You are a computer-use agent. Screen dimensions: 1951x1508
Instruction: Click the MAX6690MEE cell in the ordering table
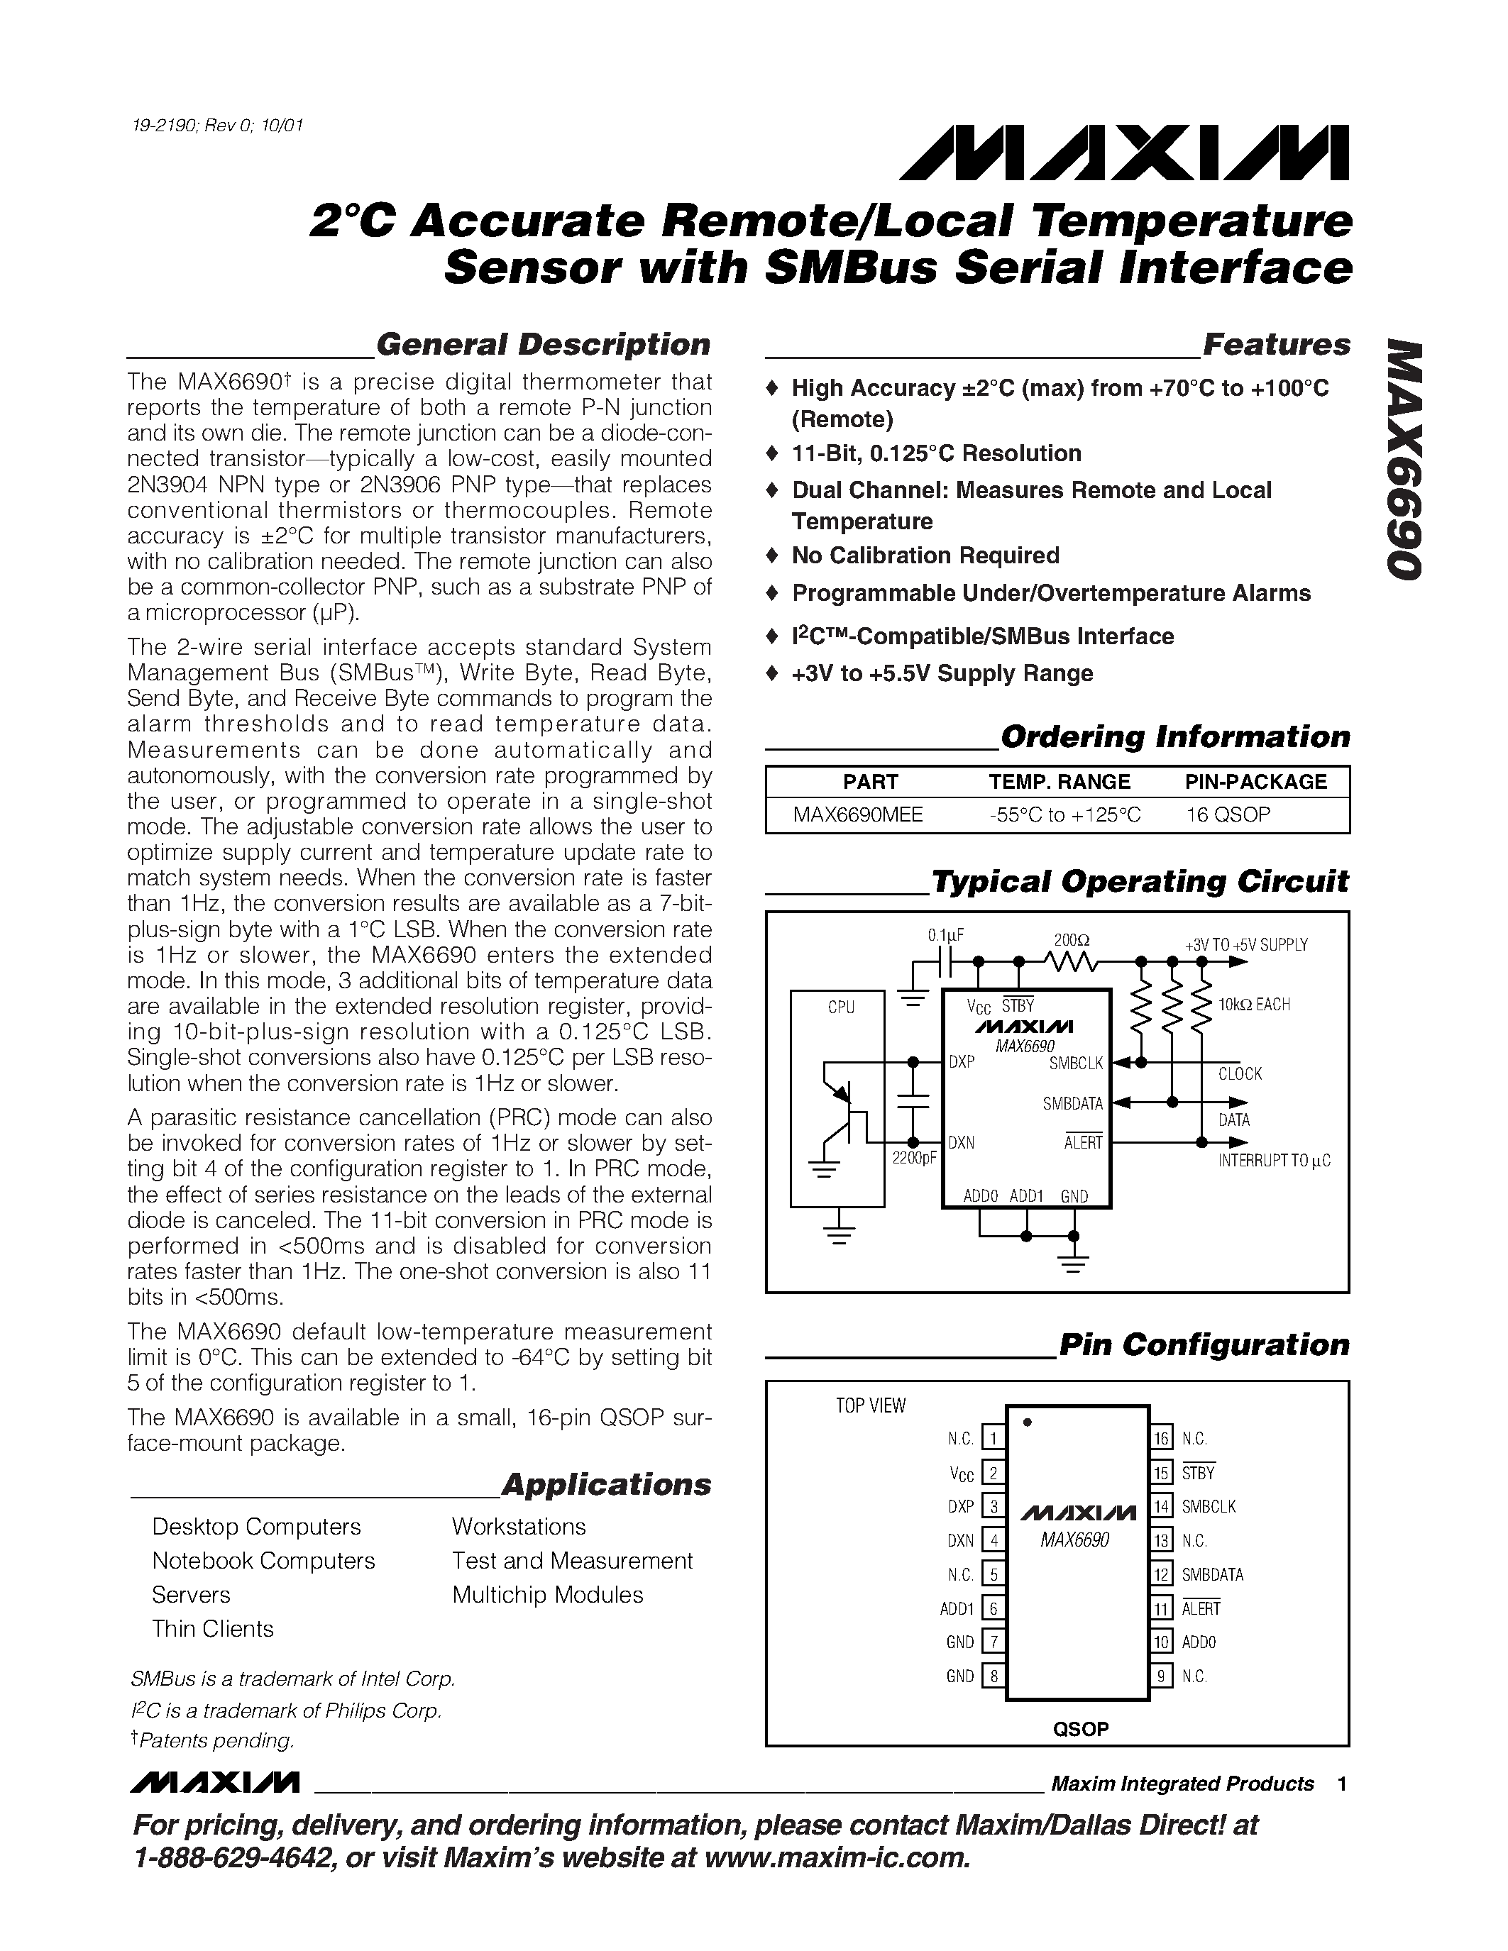point(858,814)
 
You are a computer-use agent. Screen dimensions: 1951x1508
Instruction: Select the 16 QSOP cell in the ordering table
point(1228,814)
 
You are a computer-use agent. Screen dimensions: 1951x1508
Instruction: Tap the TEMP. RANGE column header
point(1059,782)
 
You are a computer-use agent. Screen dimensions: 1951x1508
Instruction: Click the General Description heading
point(543,345)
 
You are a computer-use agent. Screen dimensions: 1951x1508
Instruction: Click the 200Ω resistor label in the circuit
point(1071,940)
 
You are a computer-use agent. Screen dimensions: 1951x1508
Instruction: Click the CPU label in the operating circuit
point(841,1007)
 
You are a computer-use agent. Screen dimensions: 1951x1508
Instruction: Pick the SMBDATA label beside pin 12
point(1212,1574)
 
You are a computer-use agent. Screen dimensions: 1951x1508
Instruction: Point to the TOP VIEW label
point(870,1405)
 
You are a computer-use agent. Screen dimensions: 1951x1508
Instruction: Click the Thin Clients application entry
point(213,1628)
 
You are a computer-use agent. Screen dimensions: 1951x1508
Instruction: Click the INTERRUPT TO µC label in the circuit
point(1274,1161)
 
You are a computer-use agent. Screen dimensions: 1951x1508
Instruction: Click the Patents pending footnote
point(214,1740)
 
